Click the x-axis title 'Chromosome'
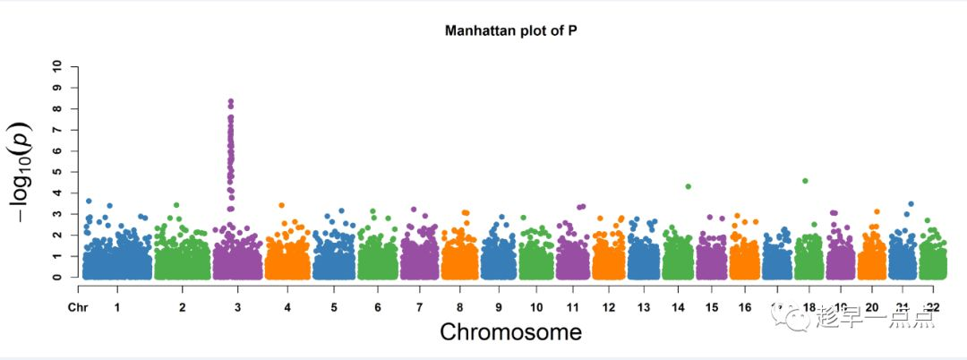point(510,332)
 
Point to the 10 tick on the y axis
point(57,66)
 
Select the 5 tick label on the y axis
point(57,172)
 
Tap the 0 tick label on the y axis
point(57,277)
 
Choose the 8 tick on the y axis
point(57,108)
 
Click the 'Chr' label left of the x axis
point(76,307)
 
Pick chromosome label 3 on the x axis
point(237,307)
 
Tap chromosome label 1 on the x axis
point(117,307)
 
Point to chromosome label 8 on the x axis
point(458,307)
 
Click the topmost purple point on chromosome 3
point(231,102)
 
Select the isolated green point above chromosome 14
point(688,186)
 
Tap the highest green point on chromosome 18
point(805,181)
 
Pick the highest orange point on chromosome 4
point(282,205)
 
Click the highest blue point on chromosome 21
point(911,204)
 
